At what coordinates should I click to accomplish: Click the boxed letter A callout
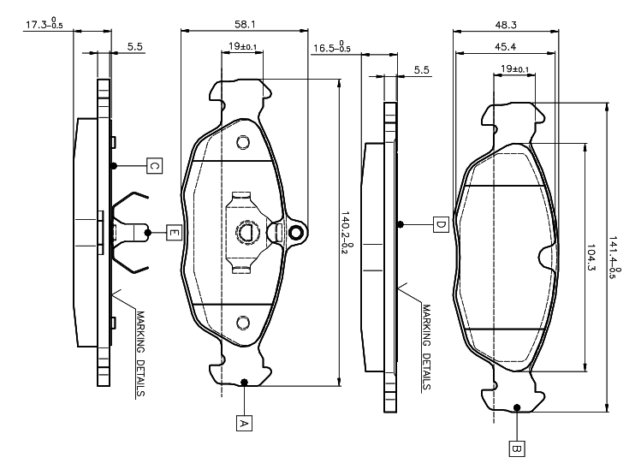tap(244, 423)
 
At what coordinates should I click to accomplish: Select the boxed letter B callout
tap(516, 447)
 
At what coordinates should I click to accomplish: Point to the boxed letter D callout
tap(441, 224)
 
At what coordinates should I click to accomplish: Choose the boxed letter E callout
tap(173, 232)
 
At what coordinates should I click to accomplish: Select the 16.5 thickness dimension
tap(331, 48)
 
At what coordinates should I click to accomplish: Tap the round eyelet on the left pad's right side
tap(296, 233)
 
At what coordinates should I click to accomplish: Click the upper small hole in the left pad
tap(242, 142)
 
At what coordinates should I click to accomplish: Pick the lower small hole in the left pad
tap(242, 322)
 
